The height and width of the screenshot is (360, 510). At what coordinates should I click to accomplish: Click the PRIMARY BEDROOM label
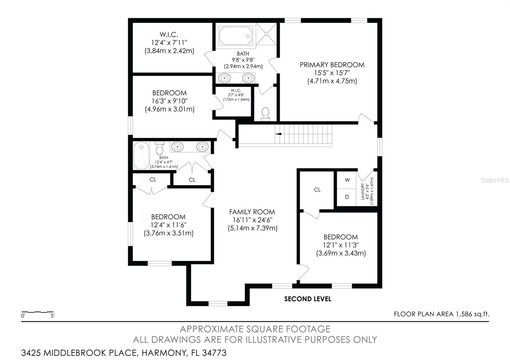pyautogui.click(x=332, y=65)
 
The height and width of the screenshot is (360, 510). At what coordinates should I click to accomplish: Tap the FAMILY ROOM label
pyautogui.click(x=252, y=212)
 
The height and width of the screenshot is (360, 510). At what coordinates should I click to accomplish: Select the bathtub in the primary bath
pyautogui.click(x=236, y=36)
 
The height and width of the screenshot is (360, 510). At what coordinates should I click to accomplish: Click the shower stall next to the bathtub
pyautogui.click(x=266, y=34)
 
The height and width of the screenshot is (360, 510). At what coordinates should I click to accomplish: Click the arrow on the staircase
pyautogui.click(x=278, y=134)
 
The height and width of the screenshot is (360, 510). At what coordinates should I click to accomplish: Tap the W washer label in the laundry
pyautogui.click(x=347, y=180)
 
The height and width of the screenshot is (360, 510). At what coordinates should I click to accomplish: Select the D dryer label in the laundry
pyautogui.click(x=347, y=197)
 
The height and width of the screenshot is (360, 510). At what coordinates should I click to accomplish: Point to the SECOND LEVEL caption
pyautogui.click(x=308, y=299)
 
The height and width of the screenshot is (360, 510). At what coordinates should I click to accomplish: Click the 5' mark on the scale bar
pyautogui.click(x=52, y=316)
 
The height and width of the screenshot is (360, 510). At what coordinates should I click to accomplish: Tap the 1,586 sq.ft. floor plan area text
pyautogui.click(x=472, y=314)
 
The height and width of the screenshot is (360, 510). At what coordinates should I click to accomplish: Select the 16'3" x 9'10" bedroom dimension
pyautogui.click(x=170, y=101)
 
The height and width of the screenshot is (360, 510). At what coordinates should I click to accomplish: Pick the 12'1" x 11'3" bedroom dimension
pyautogui.click(x=341, y=245)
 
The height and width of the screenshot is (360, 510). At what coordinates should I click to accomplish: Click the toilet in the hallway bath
pyautogui.click(x=159, y=148)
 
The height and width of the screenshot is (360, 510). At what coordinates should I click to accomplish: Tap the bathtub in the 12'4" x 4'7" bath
pyautogui.click(x=141, y=155)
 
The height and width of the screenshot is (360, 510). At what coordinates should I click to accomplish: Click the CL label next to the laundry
pyautogui.click(x=317, y=190)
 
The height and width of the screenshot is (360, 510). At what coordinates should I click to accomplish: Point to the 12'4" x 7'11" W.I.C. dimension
pyautogui.click(x=169, y=43)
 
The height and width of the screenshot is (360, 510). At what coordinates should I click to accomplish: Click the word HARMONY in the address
pyautogui.click(x=164, y=353)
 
